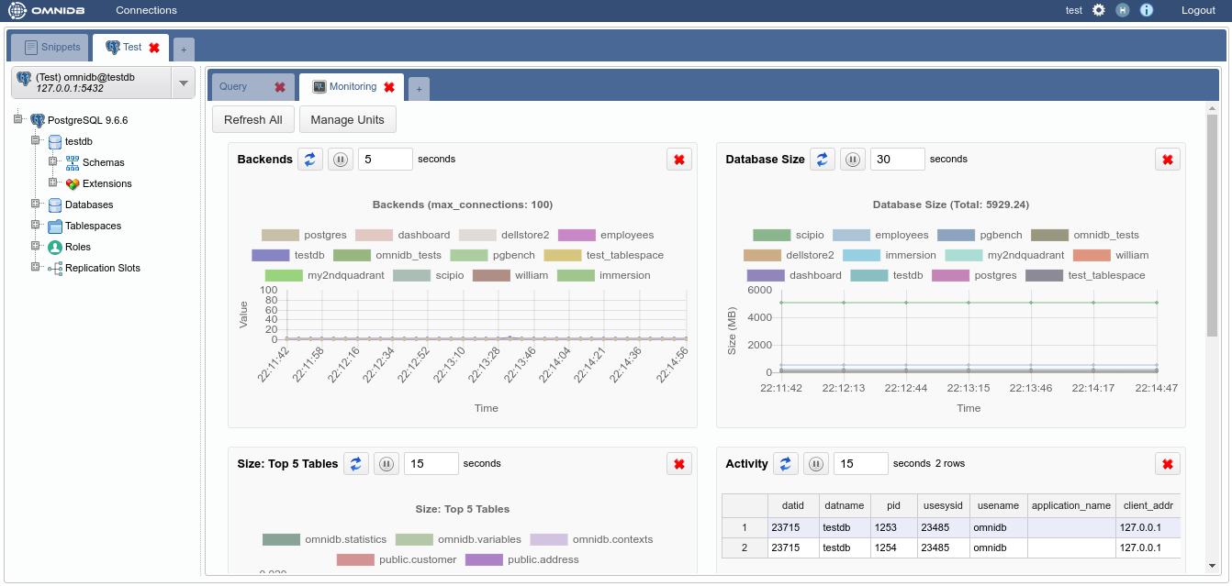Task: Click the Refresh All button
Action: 253,119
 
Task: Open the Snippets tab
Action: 53,47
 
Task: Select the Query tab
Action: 233,86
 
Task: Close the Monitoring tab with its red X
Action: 389,87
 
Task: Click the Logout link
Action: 1198,10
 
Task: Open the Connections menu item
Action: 146,10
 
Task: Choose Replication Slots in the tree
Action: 102,268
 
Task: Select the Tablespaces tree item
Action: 93,226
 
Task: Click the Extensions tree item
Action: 106,183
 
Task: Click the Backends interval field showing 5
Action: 385,159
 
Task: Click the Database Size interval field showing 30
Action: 897,159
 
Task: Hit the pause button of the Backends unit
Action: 341,160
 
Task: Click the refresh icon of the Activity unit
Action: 785,464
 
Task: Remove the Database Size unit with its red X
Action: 1168,160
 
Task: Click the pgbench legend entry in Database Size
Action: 980,235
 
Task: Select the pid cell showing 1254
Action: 885,547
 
